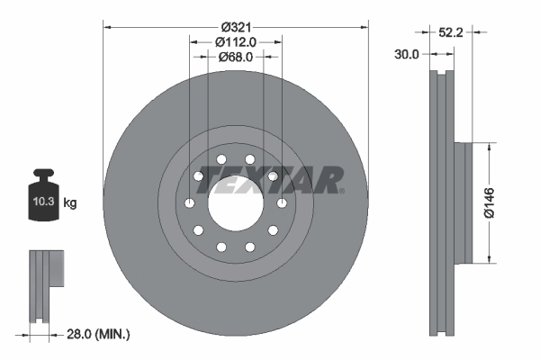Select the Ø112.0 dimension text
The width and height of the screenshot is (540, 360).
pos(236,40)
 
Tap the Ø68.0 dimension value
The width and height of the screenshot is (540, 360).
pos(235,56)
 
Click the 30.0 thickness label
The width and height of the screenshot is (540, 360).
pos(407,54)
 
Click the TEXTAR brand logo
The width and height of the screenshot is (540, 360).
pos(280,178)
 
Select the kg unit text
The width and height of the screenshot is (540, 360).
pos(70,203)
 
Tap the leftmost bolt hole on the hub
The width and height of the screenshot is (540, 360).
pos(189,204)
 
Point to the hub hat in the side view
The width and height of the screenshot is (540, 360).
pos(464,202)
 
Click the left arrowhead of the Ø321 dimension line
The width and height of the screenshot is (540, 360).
pos(107,26)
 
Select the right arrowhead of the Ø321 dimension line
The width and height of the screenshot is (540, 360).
pos(364,26)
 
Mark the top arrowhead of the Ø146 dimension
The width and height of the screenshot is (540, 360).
pos(490,144)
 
